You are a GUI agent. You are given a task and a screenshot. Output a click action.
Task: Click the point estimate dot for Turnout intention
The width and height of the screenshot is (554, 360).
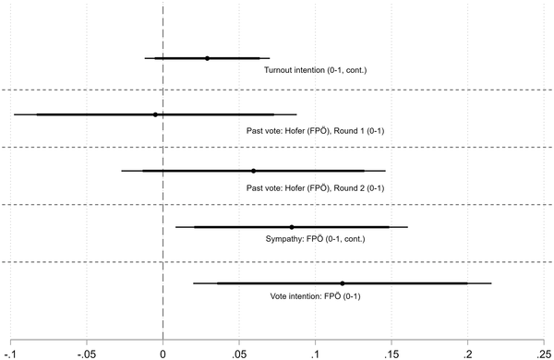coord(207,58)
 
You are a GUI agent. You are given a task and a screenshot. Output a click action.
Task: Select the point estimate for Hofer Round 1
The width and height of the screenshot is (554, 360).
coord(155,114)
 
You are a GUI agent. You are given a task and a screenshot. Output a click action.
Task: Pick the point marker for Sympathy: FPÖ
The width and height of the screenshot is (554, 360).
coord(292,227)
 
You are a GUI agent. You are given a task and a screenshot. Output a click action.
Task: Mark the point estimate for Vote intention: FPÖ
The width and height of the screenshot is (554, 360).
coord(343,283)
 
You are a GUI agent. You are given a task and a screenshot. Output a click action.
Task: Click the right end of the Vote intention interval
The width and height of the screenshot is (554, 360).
coord(491,283)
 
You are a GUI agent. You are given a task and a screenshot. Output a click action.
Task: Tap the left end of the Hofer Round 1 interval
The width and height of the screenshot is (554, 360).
coord(14,114)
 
